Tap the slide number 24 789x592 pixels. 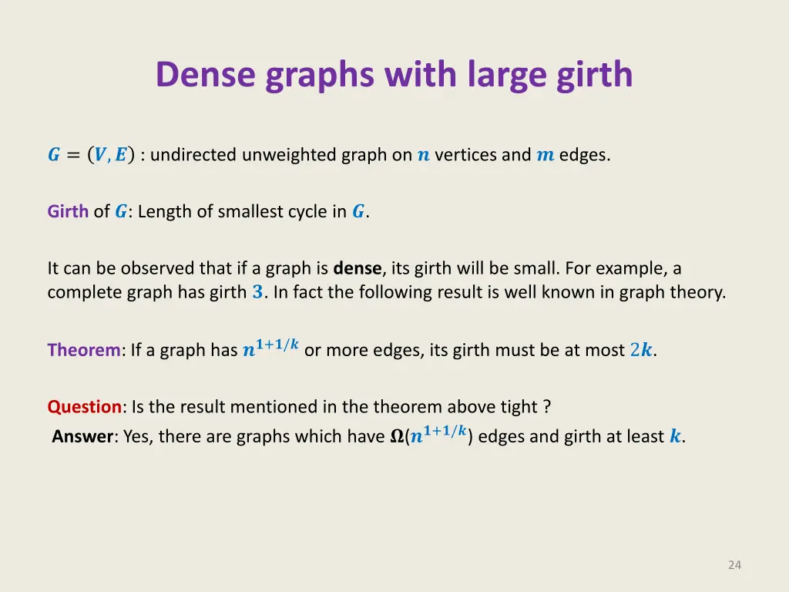(734, 565)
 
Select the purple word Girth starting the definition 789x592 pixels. (68, 212)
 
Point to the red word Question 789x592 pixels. (85, 406)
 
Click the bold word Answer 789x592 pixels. (83, 436)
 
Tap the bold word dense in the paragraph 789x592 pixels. (358, 269)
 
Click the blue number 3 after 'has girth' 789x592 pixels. (257, 293)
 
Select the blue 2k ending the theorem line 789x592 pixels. (641, 351)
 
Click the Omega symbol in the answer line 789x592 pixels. (397, 437)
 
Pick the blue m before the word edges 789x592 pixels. (545, 155)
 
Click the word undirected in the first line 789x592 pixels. (194, 155)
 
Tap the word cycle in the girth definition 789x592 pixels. (309, 212)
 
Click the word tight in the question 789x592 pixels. (522, 406)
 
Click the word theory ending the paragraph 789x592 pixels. (702, 293)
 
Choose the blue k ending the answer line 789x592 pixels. (675, 437)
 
